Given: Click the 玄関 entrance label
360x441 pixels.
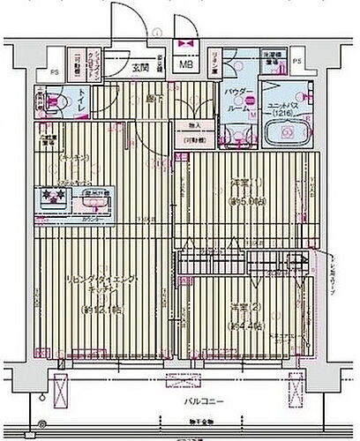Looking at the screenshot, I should [x=140, y=66].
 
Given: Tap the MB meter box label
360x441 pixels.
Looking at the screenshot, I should [x=186, y=64].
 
